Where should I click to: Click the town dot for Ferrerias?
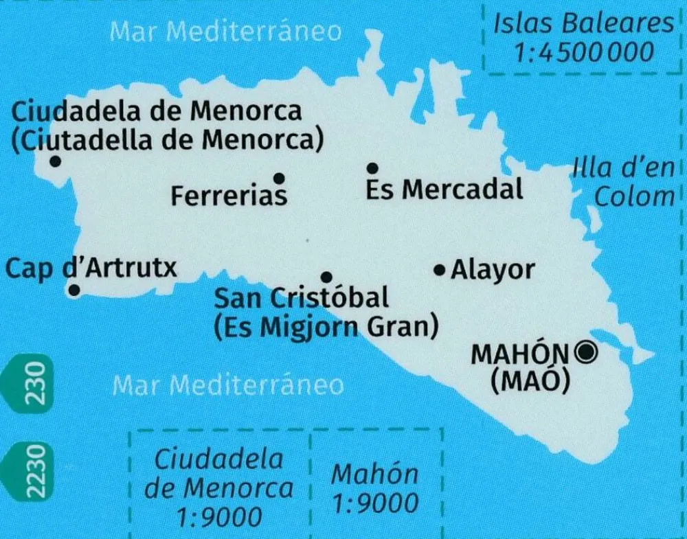[x=279, y=179]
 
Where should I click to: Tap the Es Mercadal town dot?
[x=372, y=168]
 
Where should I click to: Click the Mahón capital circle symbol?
[x=586, y=353]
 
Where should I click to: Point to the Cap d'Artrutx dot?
[x=74, y=290]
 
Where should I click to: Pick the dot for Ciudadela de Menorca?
[x=55, y=161]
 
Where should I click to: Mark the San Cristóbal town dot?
[x=327, y=277]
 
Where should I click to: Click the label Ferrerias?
[x=229, y=196]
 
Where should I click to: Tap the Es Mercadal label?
[x=444, y=189]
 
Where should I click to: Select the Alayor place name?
[x=492, y=270]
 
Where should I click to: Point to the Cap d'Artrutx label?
[x=91, y=267]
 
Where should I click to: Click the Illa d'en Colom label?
[x=629, y=183]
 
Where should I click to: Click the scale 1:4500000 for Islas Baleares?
[x=584, y=52]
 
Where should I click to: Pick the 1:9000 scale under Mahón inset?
[x=374, y=504]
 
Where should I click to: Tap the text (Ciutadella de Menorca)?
[x=168, y=139]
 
